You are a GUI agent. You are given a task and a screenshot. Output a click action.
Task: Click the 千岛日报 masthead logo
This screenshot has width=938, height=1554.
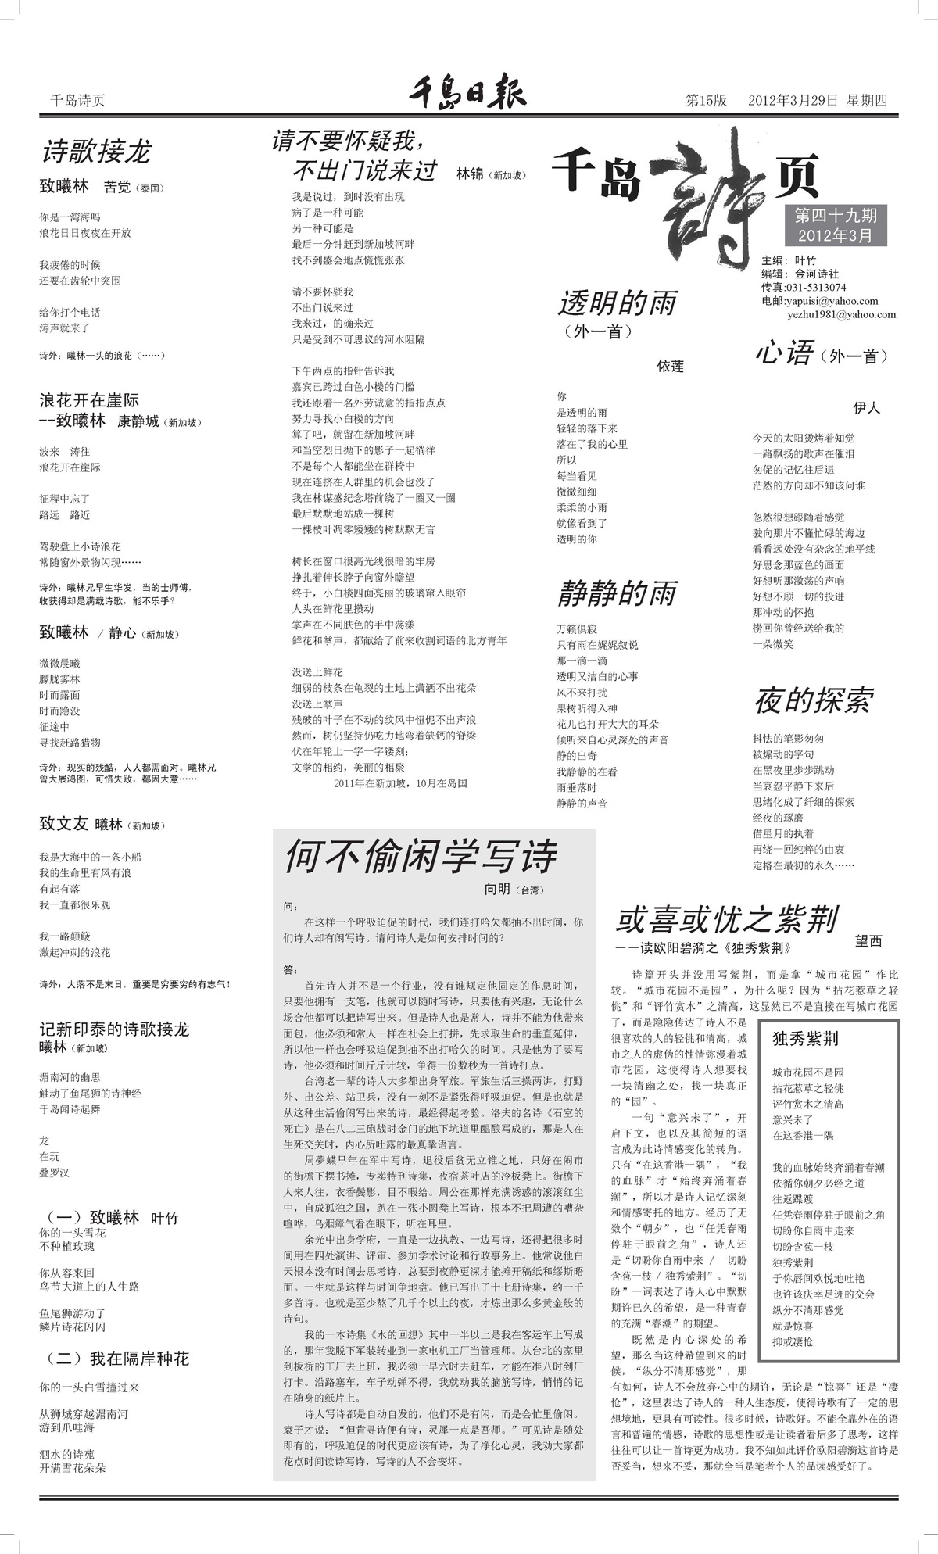coord(467,94)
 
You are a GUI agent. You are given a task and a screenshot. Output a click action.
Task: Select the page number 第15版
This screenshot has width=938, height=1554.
coord(706,101)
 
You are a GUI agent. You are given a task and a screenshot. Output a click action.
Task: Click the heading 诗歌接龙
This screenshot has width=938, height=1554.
coord(95,151)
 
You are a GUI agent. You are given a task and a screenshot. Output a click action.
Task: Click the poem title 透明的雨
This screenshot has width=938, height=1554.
coord(617,303)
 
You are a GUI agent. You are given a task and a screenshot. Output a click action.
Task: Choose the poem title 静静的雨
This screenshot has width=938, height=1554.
coord(617,594)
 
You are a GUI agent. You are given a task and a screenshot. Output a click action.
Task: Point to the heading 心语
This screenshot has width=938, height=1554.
coord(784,353)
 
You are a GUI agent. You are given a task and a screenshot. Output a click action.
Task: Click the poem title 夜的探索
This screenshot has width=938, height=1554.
coord(813,701)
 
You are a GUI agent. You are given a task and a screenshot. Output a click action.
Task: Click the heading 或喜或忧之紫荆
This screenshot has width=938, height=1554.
coord(727,920)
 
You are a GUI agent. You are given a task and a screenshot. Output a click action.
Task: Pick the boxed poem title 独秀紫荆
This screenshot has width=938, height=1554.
coord(805,1039)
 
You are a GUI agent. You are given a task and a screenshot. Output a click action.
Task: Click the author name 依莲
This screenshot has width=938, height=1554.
coord(670,366)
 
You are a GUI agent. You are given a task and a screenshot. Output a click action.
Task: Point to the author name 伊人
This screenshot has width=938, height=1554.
coord(866,407)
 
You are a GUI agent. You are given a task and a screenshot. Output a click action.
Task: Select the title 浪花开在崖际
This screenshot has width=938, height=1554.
coord(89,401)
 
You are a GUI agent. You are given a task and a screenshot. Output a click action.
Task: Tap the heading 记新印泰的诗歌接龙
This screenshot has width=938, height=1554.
coord(114,1029)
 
